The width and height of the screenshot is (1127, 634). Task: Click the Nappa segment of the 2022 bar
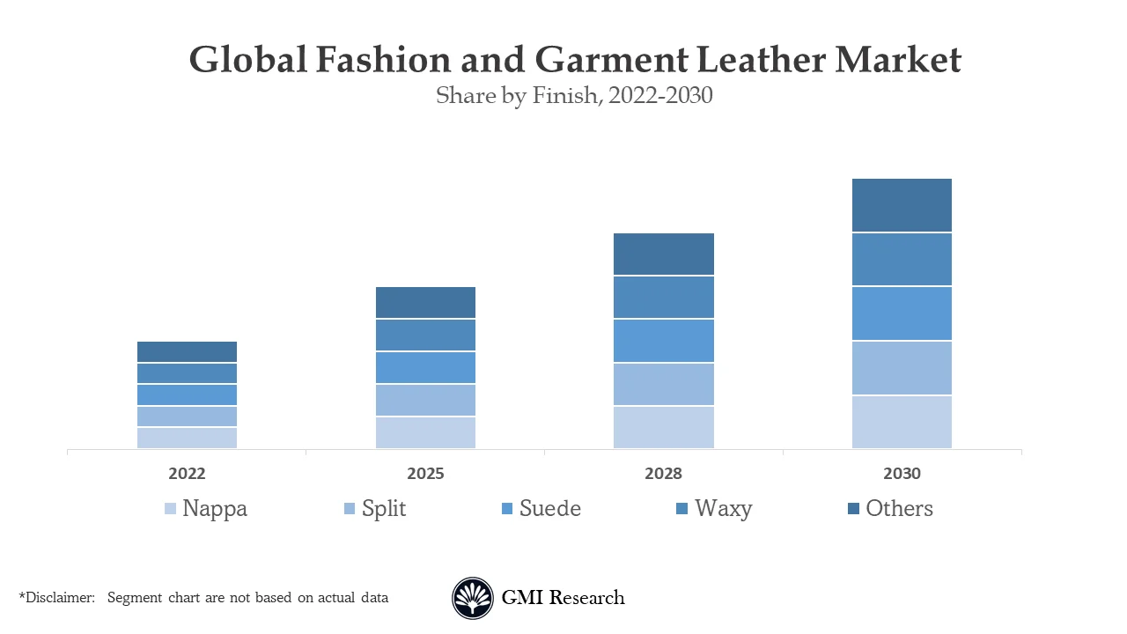[187, 438]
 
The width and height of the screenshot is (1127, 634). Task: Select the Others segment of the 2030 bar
[902, 205]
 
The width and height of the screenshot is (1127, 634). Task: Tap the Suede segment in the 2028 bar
[663, 340]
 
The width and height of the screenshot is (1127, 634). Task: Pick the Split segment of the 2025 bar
[425, 400]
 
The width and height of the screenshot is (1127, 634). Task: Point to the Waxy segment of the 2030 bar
[902, 259]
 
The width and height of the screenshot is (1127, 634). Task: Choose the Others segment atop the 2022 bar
[187, 351]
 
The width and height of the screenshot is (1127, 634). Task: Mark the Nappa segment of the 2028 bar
[663, 427]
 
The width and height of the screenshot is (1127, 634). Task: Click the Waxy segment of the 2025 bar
[425, 335]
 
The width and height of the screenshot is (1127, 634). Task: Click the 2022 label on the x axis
[187, 474]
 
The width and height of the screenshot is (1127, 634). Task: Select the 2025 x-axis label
[425, 474]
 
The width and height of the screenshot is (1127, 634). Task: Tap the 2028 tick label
[663, 474]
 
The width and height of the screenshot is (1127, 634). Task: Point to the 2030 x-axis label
[902, 474]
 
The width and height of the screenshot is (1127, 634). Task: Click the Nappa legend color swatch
[171, 509]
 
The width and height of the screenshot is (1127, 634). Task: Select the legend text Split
[384, 509]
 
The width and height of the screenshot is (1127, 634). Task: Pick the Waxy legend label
[723, 509]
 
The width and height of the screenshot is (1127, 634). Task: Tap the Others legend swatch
[853, 509]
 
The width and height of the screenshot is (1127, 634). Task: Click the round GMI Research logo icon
[473, 598]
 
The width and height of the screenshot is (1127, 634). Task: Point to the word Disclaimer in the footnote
[59, 598]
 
